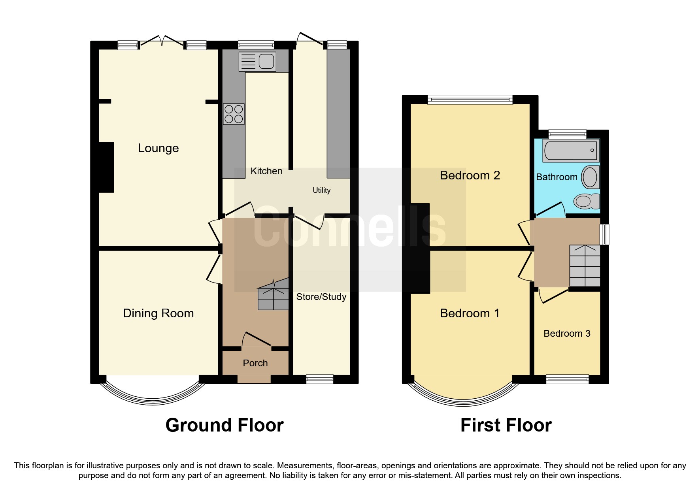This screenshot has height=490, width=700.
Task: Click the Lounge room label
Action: point(158,148)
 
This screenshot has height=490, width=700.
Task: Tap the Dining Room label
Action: point(158,313)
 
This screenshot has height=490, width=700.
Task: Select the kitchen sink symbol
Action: point(257,62)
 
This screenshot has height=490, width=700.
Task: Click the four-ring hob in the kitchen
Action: point(234,114)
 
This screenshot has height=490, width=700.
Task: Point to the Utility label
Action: point(321,190)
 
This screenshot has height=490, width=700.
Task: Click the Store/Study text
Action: point(321,297)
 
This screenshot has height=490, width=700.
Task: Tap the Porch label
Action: point(255,363)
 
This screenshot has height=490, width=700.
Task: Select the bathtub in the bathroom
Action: point(571,151)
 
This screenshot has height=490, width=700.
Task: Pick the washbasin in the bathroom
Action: point(590,177)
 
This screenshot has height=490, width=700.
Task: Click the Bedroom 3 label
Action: point(567,334)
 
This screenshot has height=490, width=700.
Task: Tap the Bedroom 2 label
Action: point(470,175)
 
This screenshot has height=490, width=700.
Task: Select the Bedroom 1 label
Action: point(470,313)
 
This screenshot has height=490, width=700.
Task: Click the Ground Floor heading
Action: point(225,425)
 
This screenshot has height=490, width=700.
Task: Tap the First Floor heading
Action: point(506,425)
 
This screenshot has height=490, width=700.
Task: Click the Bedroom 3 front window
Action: point(567,379)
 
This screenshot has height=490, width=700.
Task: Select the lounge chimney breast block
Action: point(106,168)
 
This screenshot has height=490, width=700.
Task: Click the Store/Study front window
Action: point(320,379)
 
